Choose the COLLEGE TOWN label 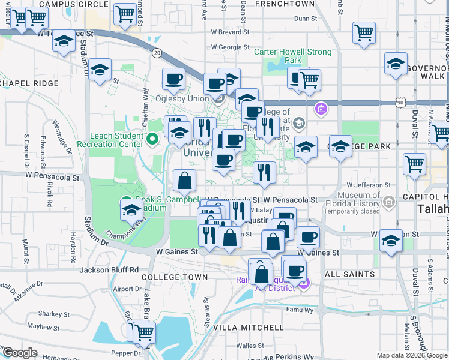pyautogui.click(x=175, y=277)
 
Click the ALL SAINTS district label pyautogui.click(x=350, y=274)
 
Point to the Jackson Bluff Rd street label pyautogui.click(x=109, y=270)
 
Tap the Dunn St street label pyautogui.click(x=305, y=19)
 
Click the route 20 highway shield pyautogui.click(x=157, y=53)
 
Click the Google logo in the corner pyautogui.click(x=20, y=353)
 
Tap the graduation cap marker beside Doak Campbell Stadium pyautogui.click(x=132, y=209)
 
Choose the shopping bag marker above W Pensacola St pyautogui.click(x=184, y=179)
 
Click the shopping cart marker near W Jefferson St pyautogui.click(x=415, y=163)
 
